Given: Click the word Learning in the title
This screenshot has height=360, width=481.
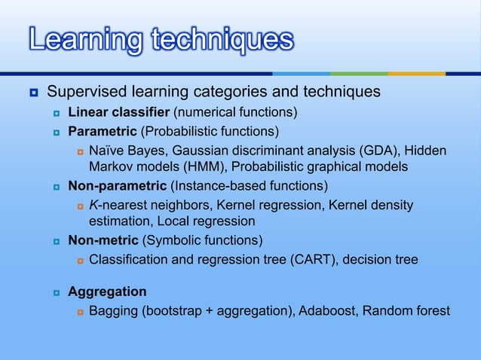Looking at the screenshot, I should tap(81, 40).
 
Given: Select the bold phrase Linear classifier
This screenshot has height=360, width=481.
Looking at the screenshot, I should tap(119, 113).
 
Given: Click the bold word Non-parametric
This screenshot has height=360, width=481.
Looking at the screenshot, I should tap(118, 185).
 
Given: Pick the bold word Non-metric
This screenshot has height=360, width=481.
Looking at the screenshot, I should tap(103, 241).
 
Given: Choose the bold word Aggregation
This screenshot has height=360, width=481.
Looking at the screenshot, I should tap(107, 291).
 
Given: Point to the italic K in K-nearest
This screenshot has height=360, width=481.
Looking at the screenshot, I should tap(93, 205).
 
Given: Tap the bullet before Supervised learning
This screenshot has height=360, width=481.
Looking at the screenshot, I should tap(34, 93).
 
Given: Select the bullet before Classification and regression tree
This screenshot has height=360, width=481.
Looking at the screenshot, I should tap(78, 261).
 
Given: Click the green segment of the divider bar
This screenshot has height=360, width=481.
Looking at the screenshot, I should tap(359, 73).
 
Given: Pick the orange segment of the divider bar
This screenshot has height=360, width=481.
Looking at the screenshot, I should tap(416, 73).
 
